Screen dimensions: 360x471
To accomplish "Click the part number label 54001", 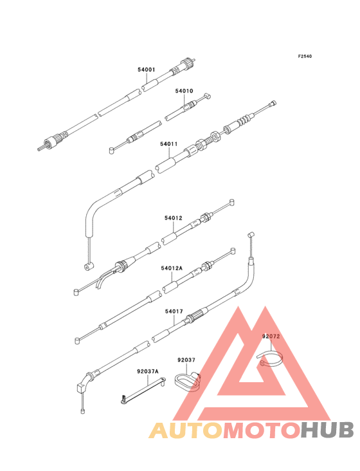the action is [147, 69].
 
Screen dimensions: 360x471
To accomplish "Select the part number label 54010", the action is [184, 91].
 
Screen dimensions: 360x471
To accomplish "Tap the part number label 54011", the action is [168, 144].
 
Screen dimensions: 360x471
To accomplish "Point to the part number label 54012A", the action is [172, 268].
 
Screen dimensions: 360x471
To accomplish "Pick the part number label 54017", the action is [174, 311].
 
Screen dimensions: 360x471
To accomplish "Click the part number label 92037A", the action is [148, 371].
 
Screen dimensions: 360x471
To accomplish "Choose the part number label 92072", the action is [271, 337].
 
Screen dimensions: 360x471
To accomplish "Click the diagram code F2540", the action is [305, 56].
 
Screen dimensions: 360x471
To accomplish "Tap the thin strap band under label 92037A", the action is [143, 391].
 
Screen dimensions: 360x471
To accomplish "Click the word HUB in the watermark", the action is [328, 430].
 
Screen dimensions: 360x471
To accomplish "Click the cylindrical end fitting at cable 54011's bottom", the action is [88, 266].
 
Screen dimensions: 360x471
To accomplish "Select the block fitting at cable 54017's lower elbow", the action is [81, 388].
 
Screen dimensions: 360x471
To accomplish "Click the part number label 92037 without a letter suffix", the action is [186, 360].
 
